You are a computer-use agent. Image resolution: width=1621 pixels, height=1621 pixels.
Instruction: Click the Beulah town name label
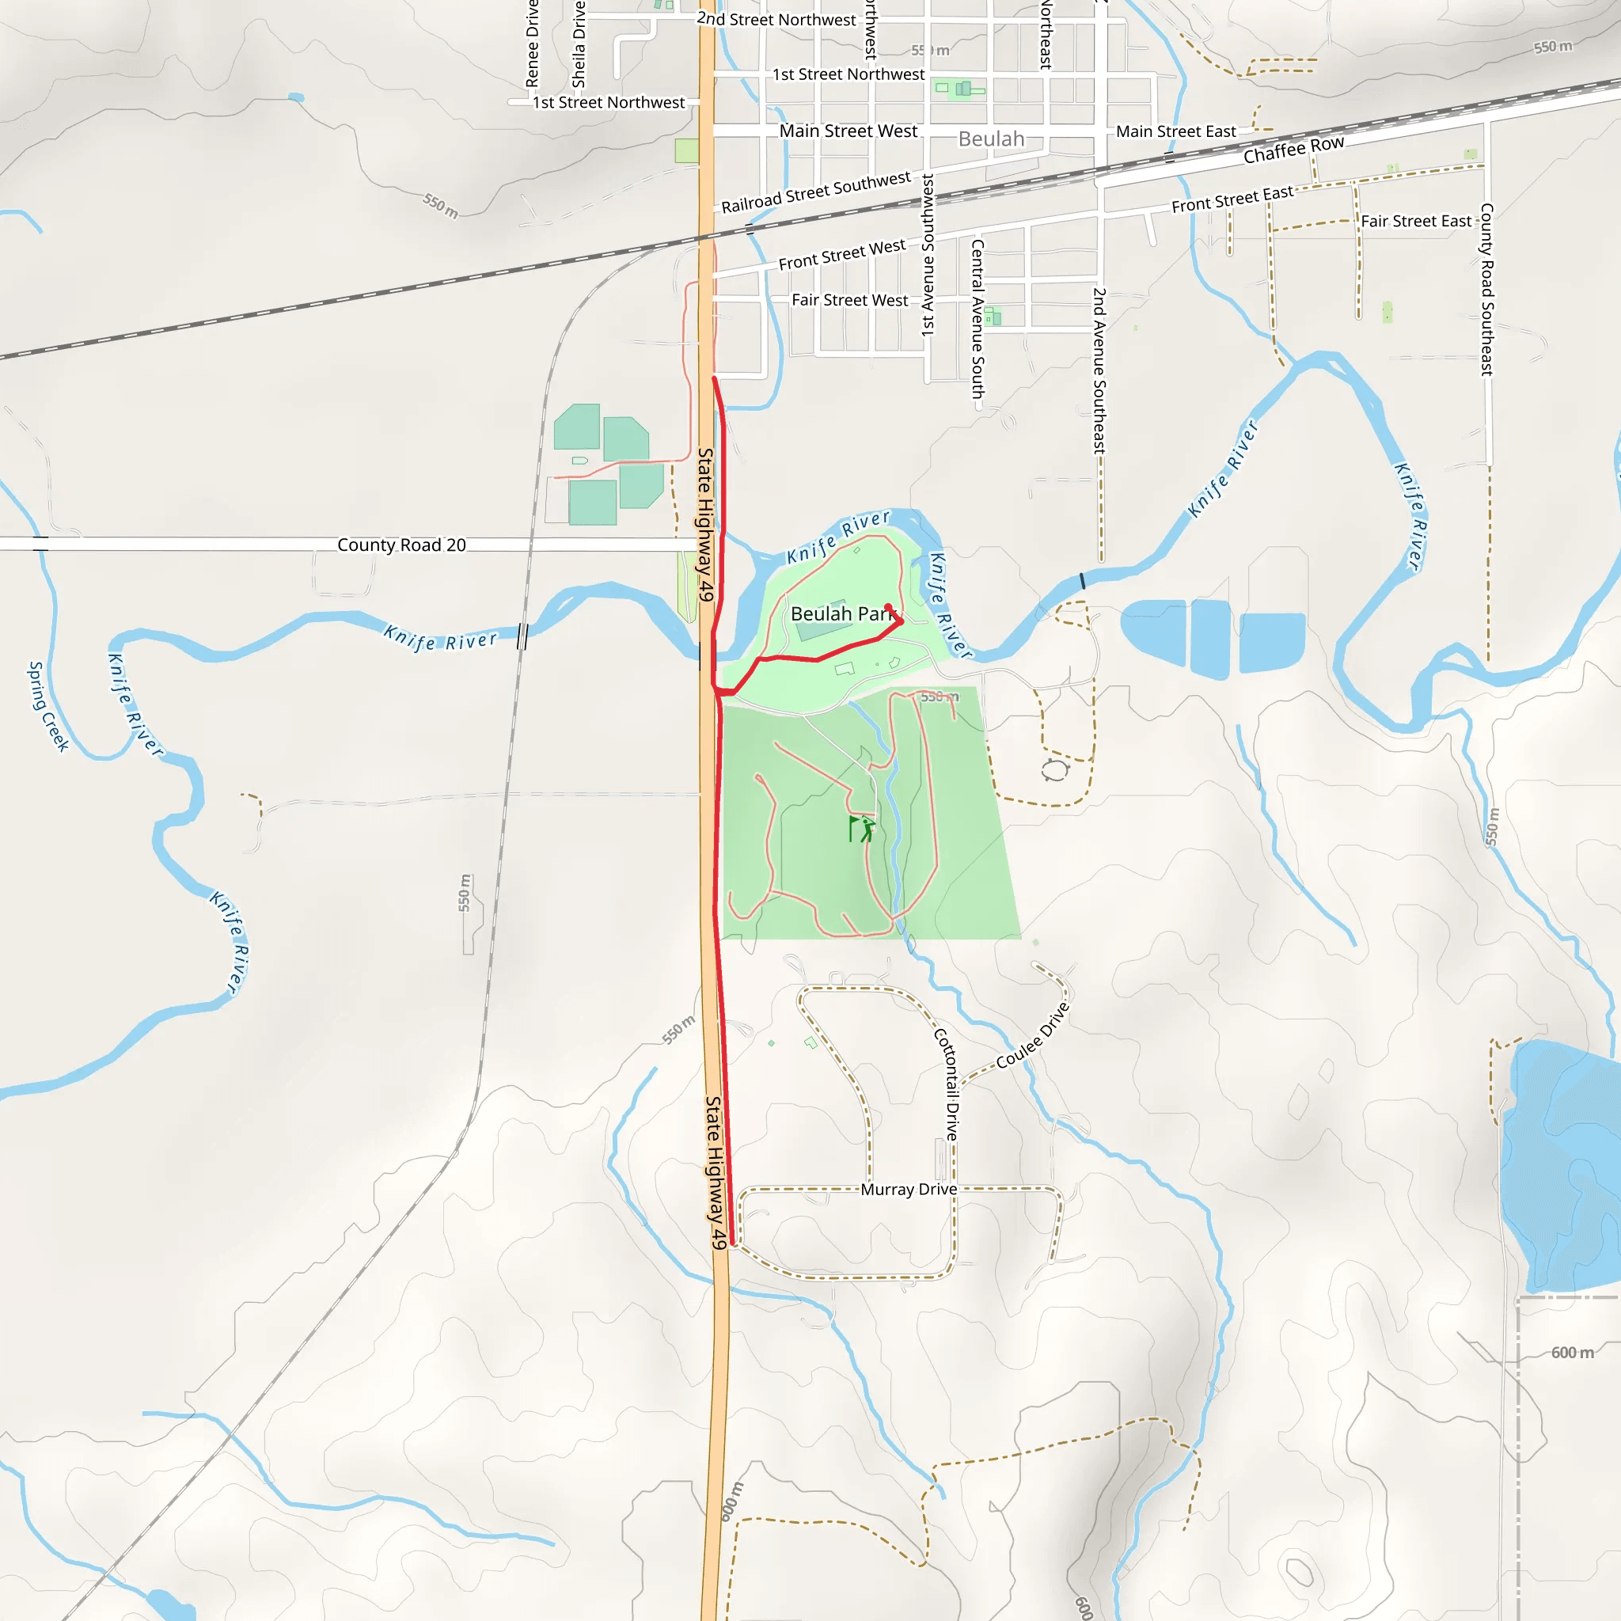point(991,139)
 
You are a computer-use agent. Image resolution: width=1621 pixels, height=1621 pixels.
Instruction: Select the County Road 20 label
point(401,545)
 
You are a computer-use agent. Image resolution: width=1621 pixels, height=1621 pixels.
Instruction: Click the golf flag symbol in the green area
point(862,829)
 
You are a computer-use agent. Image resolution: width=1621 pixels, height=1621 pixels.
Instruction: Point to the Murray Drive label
point(909,1190)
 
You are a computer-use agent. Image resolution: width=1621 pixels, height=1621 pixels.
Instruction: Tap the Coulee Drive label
point(1033,1035)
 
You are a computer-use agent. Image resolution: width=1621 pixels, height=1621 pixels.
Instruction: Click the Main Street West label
point(848,131)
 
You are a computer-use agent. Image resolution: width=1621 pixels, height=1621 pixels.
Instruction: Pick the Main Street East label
point(1175,131)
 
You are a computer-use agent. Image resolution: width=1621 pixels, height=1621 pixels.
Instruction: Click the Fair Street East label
point(1416,222)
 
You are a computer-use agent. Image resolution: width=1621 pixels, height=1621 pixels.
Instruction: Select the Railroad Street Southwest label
point(815,192)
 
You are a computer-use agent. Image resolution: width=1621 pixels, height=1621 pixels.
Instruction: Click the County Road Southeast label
point(1486,289)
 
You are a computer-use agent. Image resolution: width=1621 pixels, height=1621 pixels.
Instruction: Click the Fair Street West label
point(849,300)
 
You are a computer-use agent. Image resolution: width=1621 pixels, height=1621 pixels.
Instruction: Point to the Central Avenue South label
point(978,319)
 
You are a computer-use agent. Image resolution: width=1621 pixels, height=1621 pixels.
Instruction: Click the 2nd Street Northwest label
point(776,19)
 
